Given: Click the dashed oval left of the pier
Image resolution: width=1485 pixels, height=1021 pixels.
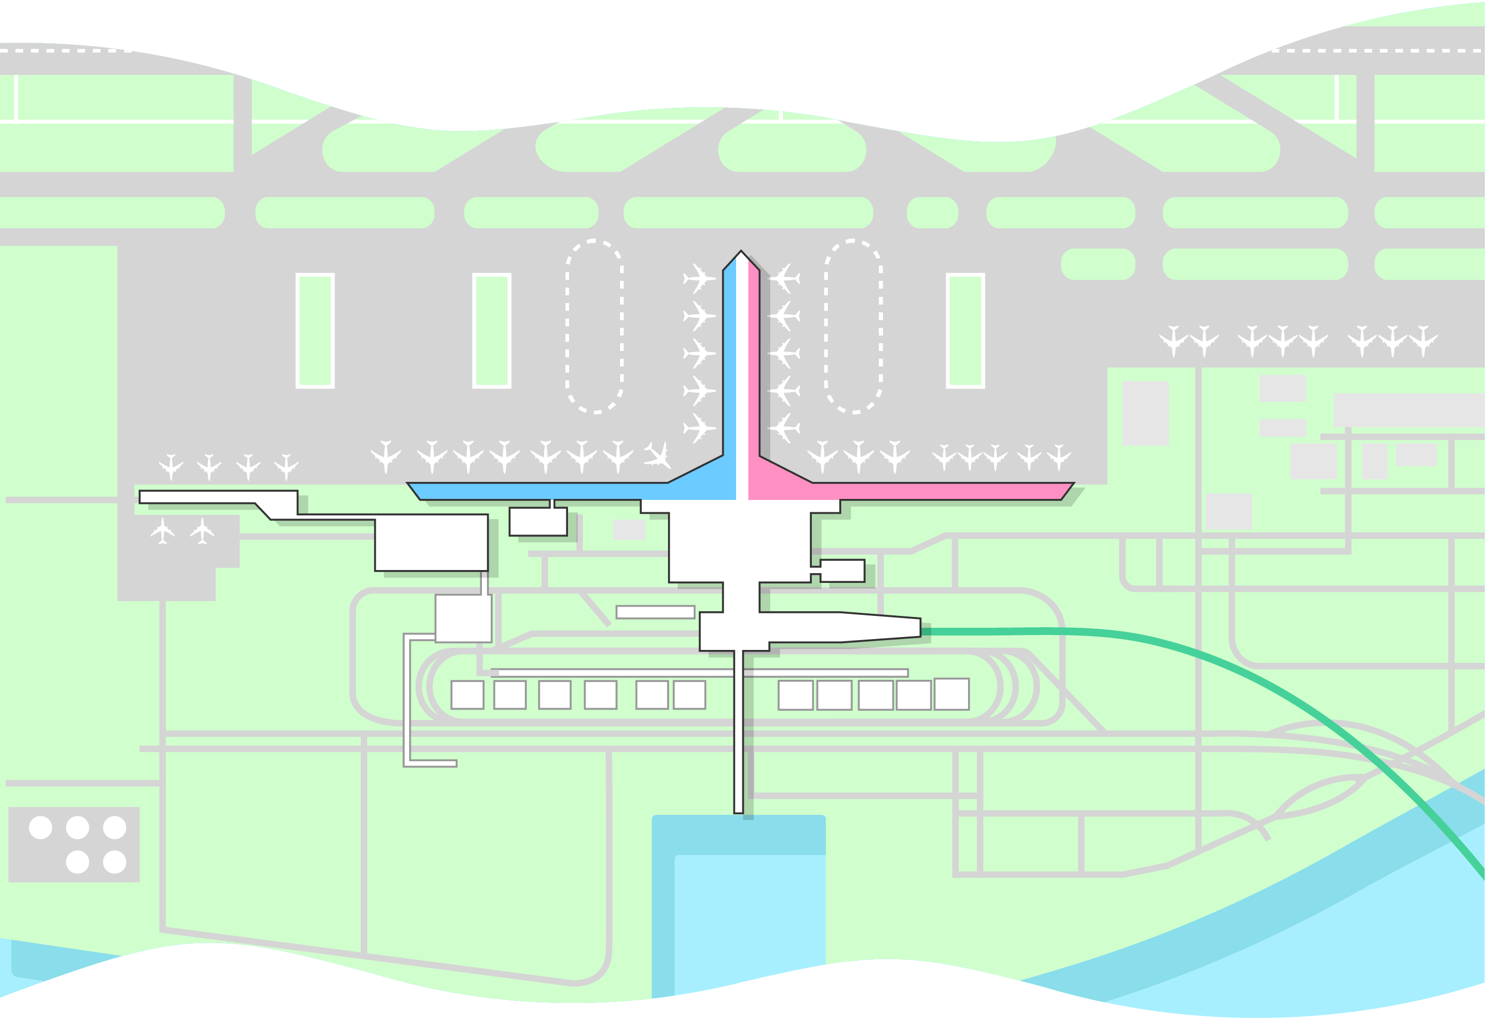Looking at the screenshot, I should [x=594, y=326].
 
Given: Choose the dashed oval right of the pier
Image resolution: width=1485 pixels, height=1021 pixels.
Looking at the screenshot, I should [x=853, y=326].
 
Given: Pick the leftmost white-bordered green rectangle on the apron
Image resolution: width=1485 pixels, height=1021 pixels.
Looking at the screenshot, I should [x=315, y=331].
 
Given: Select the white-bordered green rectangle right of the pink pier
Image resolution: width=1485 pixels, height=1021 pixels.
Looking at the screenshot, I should [x=965, y=331].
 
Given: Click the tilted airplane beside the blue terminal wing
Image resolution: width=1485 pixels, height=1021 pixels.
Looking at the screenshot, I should [x=658, y=455].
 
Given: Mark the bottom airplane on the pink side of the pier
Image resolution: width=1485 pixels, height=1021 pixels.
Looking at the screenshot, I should [x=784, y=428].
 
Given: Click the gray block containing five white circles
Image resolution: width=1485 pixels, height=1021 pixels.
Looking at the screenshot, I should [x=74, y=844].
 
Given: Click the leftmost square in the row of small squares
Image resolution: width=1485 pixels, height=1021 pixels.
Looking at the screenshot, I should [x=467, y=695].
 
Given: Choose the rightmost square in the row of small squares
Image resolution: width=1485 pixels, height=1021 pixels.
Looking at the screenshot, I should [x=952, y=694].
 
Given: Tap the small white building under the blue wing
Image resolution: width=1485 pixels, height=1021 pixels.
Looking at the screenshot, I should [x=538, y=522].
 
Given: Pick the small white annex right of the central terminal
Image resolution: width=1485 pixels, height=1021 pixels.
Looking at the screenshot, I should [x=842, y=571].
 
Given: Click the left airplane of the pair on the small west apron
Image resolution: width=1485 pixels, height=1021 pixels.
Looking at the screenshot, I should [x=162, y=531].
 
